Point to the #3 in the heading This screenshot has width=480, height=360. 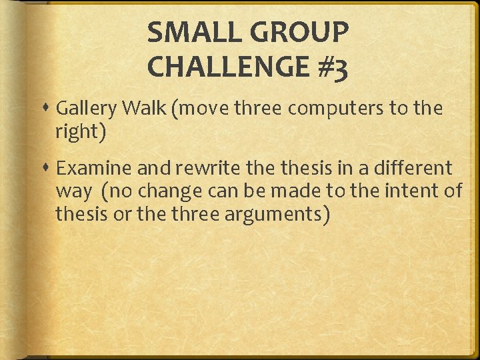[x=332, y=67]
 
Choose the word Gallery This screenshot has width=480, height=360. [x=83, y=109]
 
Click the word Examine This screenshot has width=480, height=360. [x=90, y=167]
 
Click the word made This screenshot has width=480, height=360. [x=305, y=191]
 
